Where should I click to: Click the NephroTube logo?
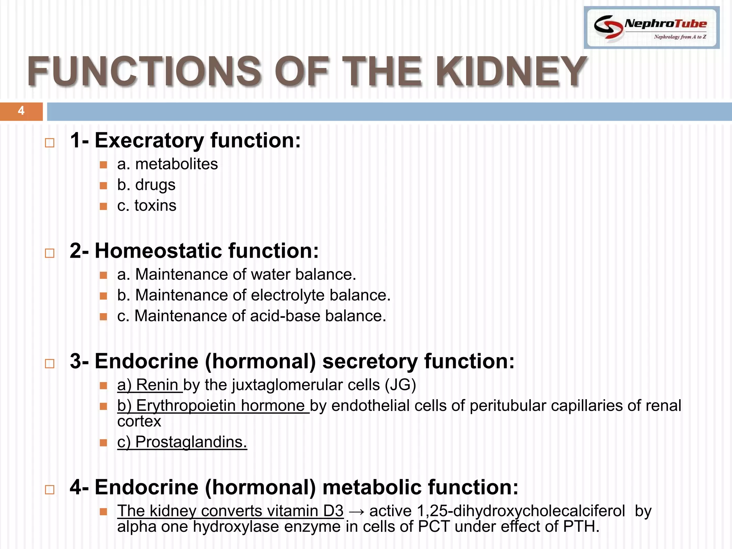pyautogui.click(x=651, y=28)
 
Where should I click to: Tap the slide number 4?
pyautogui.click(x=21, y=111)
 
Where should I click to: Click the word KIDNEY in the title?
pyautogui.click(x=511, y=71)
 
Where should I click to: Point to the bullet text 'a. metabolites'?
pyautogui.click(x=167, y=164)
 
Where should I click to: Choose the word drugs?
pyautogui.click(x=155, y=185)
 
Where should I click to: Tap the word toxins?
pyautogui.click(x=155, y=206)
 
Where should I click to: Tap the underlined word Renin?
pyautogui.click(x=157, y=385)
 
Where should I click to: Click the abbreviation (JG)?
pyautogui.click(x=400, y=385)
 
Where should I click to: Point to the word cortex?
pyautogui.click(x=139, y=422)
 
